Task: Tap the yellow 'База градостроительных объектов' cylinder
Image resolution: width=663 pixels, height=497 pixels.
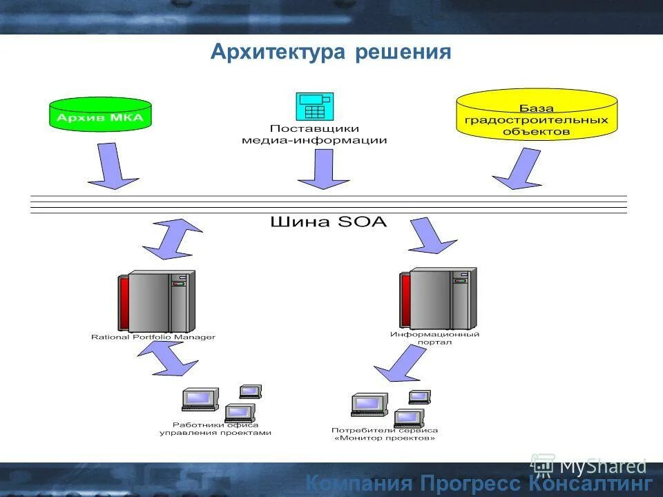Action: [537, 114]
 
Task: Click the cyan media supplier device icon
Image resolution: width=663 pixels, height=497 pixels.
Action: [315, 106]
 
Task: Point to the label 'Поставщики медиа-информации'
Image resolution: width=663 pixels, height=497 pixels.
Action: [314, 134]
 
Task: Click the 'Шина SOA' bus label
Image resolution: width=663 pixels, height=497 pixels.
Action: [328, 222]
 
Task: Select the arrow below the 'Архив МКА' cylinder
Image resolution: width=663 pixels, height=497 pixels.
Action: [111, 166]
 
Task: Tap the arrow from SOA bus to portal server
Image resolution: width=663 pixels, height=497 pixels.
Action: [430, 237]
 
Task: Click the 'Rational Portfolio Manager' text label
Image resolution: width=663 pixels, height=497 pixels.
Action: [153, 338]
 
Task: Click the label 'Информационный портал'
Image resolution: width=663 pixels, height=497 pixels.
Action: [434, 338]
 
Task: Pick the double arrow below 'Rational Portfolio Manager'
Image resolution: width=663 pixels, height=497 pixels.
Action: [168, 358]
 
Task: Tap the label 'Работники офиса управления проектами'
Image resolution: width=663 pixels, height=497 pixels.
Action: [215, 429]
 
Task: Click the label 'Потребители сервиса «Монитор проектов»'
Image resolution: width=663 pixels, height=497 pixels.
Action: [384, 433]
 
